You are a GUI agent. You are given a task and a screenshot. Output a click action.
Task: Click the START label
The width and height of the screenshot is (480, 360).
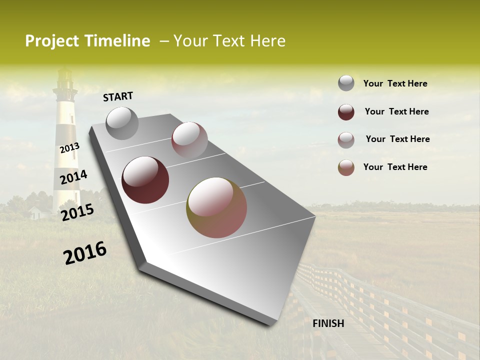tap(118, 96)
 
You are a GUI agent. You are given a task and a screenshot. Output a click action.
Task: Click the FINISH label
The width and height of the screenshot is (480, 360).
tap(328, 323)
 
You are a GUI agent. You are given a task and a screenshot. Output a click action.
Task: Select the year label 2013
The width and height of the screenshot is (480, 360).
tap(69, 148)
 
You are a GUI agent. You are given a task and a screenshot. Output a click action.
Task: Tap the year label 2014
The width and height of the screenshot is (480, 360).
tap(73, 177)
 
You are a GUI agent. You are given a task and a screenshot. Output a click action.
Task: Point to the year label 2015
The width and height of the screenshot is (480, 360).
tap(77, 212)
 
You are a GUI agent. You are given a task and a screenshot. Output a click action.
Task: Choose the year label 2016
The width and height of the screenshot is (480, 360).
tap(85, 252)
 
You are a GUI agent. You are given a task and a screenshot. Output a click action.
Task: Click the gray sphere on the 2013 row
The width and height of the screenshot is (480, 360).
tap(122, 123)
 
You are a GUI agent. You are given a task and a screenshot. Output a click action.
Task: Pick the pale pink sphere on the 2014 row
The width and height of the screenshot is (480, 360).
tap(189, 140)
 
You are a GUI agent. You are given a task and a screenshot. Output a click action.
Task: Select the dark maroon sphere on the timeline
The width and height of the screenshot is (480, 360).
tap(145, 179)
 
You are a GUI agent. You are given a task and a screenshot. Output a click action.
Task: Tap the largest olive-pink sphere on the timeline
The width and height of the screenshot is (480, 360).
tap(216, 207)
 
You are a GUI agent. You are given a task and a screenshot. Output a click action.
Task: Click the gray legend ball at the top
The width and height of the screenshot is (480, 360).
tap(346, 83)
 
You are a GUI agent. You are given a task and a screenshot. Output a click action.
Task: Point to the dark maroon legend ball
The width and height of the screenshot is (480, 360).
tap(346, 111)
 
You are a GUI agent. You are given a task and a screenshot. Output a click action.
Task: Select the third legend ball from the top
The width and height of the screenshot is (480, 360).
tap(346, 139)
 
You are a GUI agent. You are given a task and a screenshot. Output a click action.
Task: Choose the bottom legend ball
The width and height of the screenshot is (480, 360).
tap(346, 167)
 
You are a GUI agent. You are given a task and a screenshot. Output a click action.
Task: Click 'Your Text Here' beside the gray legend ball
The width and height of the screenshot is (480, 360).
tap(395, 83)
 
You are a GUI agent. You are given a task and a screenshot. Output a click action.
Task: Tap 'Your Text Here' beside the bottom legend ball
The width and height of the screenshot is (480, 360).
tap(395, 167)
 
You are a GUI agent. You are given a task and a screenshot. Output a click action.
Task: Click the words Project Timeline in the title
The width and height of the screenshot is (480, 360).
tap(87, 41)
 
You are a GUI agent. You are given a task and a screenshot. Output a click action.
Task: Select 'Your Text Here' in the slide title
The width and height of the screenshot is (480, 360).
tap(229, 41)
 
